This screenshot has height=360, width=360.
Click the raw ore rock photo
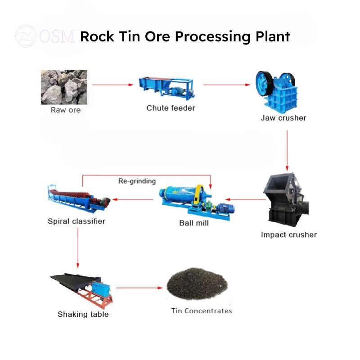[x=64, y=87]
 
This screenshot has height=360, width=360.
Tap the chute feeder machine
[x=166, y=88]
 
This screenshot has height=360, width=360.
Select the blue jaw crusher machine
[x=276, y=92]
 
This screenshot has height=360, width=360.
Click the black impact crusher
[x=286, y=200]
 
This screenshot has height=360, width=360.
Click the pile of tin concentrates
[x=197, y=284]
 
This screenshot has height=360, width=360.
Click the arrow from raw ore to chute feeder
[x=113, y=85]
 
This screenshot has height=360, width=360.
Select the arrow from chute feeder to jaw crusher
[x=227, y=85]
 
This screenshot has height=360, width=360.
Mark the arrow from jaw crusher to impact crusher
[x=287, y=150]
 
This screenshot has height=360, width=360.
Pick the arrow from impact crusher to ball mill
[x=245, y=199]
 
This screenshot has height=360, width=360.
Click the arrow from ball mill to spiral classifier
[x=133, y=199]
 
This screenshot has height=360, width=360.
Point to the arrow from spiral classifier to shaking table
[x=78, y=247]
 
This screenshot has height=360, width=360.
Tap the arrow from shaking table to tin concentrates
[x=139, y=288]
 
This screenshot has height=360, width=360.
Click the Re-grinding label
[x=137, y=181]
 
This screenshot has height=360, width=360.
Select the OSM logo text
[x=57, y=36]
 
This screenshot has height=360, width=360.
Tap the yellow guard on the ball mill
[x=198, y=194]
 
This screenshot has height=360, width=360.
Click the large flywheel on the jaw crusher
[x=264, y=83]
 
